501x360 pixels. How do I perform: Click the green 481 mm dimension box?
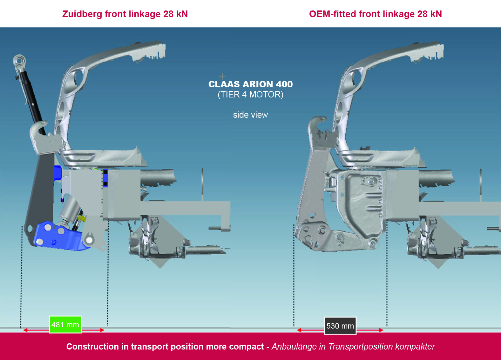(65, 324)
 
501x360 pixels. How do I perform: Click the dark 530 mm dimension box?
(340, 326)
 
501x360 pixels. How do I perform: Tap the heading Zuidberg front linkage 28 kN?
(125, 14)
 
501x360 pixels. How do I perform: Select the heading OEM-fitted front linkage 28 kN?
(375, 14)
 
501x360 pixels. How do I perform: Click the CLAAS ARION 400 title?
(250, 84)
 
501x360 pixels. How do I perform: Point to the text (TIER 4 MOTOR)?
(250, 95)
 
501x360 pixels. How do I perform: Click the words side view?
(250, 115)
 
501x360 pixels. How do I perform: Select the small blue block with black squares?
(105, 178)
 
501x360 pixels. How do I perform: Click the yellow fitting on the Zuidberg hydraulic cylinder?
(82, 218)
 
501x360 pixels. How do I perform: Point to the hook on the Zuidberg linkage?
(39, 129)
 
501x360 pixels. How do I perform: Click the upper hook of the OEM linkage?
(318, 122)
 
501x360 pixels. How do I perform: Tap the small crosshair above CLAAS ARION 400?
(222, 77)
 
